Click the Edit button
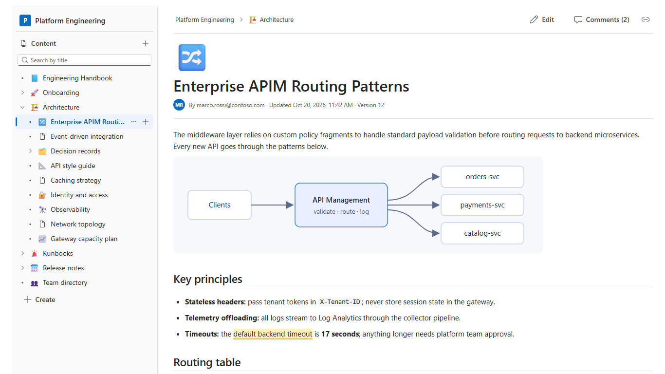click(542, 19)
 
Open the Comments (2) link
click(602, 19)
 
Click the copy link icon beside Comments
click(646, 19)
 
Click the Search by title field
click(84, 60)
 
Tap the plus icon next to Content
click(146, 43)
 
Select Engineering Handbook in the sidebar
click(77, 78)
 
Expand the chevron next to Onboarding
click(22, 93)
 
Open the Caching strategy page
click(76, 180)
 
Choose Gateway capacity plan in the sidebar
click(84, 239)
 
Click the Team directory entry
click(65, 282)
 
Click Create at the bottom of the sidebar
click(40, 299)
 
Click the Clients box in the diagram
click(220, 205)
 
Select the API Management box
click(341, 205)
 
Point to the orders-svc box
click(482, 177)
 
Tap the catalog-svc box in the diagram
click(482, 233)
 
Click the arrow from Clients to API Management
click(273, 205)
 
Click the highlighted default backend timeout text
click(273, 334)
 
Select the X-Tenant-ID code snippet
click(340, 302)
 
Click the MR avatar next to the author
click(179, 105)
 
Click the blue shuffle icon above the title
click(192, 57)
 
